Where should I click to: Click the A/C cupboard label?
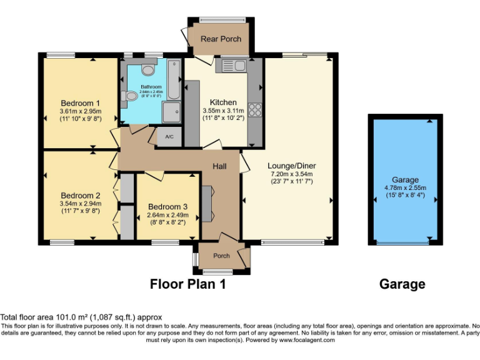169,137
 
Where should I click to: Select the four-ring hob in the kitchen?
255,110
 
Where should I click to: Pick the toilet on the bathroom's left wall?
131,96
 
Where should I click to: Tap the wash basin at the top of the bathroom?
147,69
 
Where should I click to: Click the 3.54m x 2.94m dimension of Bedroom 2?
80,204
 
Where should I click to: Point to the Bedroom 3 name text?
167,207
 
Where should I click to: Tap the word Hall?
219,166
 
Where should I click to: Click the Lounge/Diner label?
292,166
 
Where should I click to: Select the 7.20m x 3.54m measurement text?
292,174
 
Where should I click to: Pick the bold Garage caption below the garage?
402,284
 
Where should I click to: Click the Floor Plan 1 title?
187,284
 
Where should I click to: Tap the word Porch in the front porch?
222,256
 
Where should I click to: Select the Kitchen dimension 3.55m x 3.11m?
223,111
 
